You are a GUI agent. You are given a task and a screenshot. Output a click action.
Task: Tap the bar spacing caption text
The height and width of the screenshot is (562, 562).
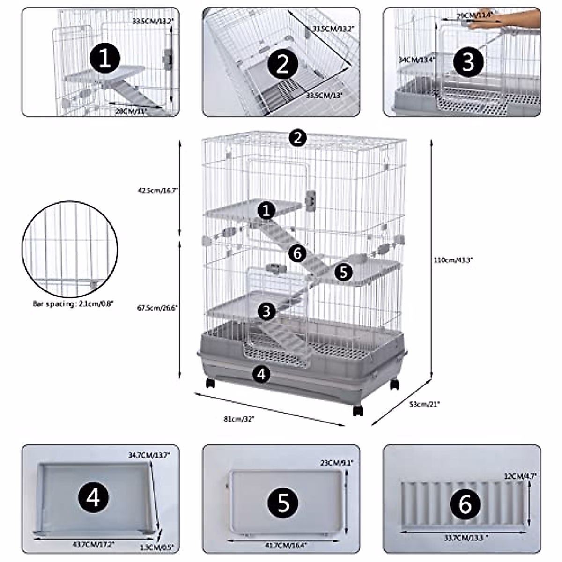[x=73, y=303]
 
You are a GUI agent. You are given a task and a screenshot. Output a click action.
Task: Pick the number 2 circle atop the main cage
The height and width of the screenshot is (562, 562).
[x=298, y=138]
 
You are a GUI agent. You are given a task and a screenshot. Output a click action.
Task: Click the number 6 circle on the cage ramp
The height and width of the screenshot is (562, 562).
[x=297, y=253]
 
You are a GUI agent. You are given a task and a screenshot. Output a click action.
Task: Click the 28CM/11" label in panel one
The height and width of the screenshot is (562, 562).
[x=132, y=111]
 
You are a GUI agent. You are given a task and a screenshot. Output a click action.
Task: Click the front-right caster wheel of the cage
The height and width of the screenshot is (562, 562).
[x=358, y=410]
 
